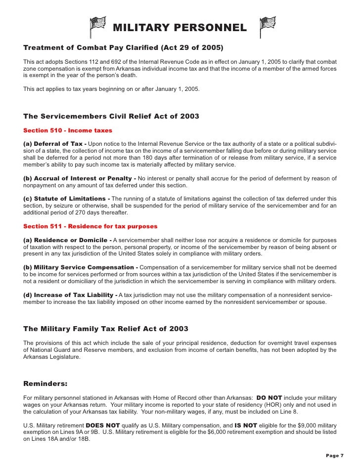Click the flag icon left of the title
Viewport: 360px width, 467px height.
point(97,26)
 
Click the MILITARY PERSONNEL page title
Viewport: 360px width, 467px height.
point(180,28)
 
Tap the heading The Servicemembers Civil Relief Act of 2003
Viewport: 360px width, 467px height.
point(111,117)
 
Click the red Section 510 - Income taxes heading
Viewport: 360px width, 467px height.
point(68,130)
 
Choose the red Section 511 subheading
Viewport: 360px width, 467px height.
point(90,226)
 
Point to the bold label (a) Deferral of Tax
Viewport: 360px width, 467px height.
point(55,144)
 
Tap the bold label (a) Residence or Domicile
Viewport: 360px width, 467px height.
point(68,240)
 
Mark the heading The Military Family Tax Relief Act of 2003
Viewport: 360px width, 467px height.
point(106,329)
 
